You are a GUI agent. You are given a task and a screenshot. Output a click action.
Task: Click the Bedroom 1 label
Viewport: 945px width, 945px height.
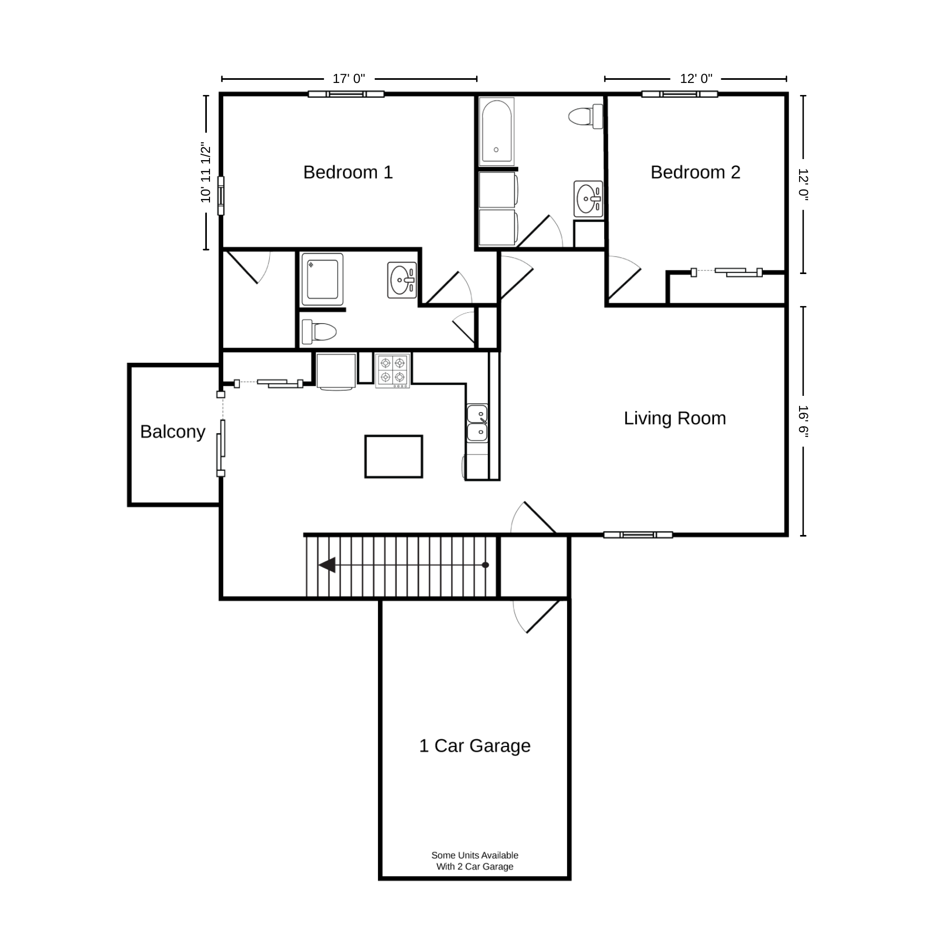coord(348,172)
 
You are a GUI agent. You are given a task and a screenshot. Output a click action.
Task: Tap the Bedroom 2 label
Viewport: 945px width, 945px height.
coord(695,172)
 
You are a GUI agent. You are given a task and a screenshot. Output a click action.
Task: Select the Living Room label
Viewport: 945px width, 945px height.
coord(675,418)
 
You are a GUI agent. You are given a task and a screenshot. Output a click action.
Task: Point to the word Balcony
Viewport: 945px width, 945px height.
coord(173,432)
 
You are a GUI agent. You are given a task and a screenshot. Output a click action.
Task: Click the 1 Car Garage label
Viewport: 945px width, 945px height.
coord(475,745)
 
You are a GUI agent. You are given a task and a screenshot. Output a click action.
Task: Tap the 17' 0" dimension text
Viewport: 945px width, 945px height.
coord(349,79)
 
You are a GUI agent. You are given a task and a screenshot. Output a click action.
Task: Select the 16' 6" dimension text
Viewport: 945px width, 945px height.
coord(803,421)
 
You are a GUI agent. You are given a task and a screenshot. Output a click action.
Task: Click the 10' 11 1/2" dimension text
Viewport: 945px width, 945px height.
coord(205,172)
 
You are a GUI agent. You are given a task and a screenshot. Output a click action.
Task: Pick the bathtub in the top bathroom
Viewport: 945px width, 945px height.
coord(496,131)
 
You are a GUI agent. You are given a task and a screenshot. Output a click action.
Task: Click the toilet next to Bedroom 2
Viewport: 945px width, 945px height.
coord(586,116)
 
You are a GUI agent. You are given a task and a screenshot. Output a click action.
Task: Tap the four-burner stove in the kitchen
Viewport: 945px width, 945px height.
coord(393,370)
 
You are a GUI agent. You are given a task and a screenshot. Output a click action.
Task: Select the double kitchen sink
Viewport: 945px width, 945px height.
coord(477,423)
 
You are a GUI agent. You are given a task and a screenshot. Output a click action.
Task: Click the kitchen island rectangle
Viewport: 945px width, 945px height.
coord(394,456)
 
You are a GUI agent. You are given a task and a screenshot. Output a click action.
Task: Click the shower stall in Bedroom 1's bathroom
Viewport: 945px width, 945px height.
coord(322,279)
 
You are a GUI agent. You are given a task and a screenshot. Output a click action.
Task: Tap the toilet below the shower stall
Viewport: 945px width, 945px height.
coord(319,332)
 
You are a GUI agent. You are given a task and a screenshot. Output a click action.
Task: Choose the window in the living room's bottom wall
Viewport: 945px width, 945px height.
coord(638,535)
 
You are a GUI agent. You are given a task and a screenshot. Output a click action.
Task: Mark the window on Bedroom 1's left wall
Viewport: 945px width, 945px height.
coord(221,195)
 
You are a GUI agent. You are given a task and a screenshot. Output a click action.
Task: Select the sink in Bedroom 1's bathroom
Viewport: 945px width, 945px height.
coord(402,280)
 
